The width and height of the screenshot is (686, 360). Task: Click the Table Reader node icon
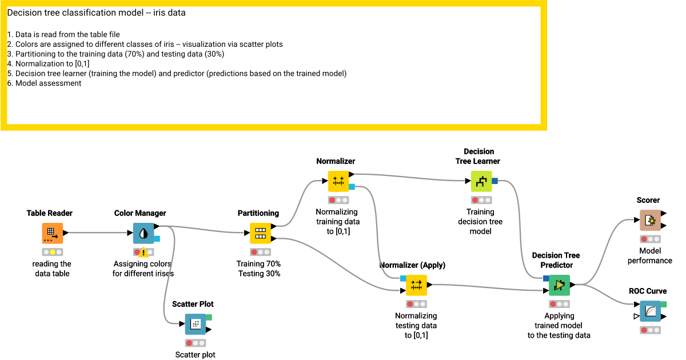point(52,233)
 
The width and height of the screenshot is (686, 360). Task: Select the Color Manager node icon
point(143,233)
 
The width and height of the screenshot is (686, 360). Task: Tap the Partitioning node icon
point(260,233)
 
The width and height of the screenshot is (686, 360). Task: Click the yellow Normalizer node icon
point(338,181)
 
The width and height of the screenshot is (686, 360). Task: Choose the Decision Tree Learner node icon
point(481,181)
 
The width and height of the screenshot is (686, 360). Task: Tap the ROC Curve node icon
point(650,311)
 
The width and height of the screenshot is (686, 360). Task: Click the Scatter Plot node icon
point(195,324)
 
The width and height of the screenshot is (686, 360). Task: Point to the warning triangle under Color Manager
point(144,253)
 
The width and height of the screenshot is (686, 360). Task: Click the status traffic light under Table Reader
point(52,252)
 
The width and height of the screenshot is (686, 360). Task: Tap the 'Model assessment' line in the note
point(48,83)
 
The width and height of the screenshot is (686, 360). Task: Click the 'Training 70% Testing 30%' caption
point(258,269)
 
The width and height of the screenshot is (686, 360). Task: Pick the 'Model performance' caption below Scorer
point(649,255)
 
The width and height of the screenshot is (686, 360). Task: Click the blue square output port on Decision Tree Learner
point(494,181)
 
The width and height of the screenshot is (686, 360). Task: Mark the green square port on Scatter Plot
point(209,317)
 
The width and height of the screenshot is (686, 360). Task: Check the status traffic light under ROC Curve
point(650,330)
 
